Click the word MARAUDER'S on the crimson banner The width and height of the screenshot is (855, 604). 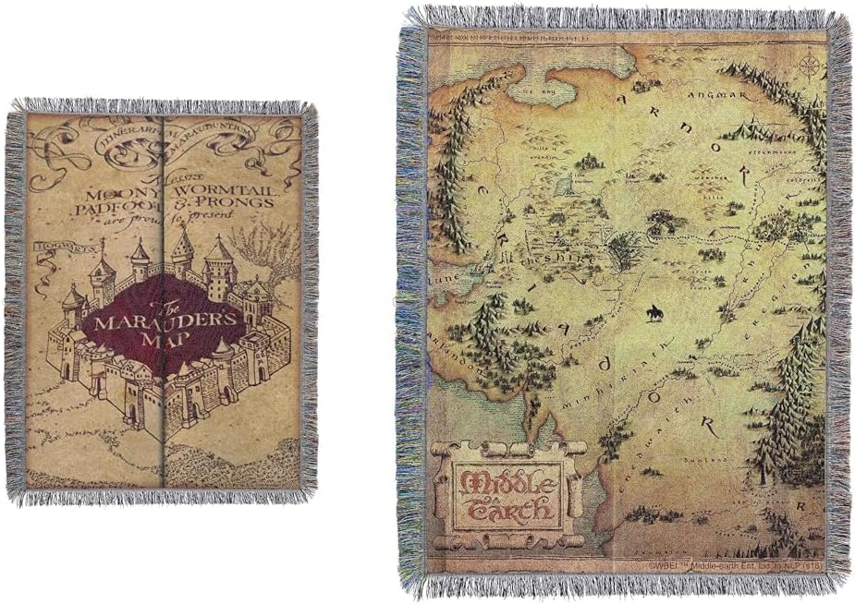pos(164,323)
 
